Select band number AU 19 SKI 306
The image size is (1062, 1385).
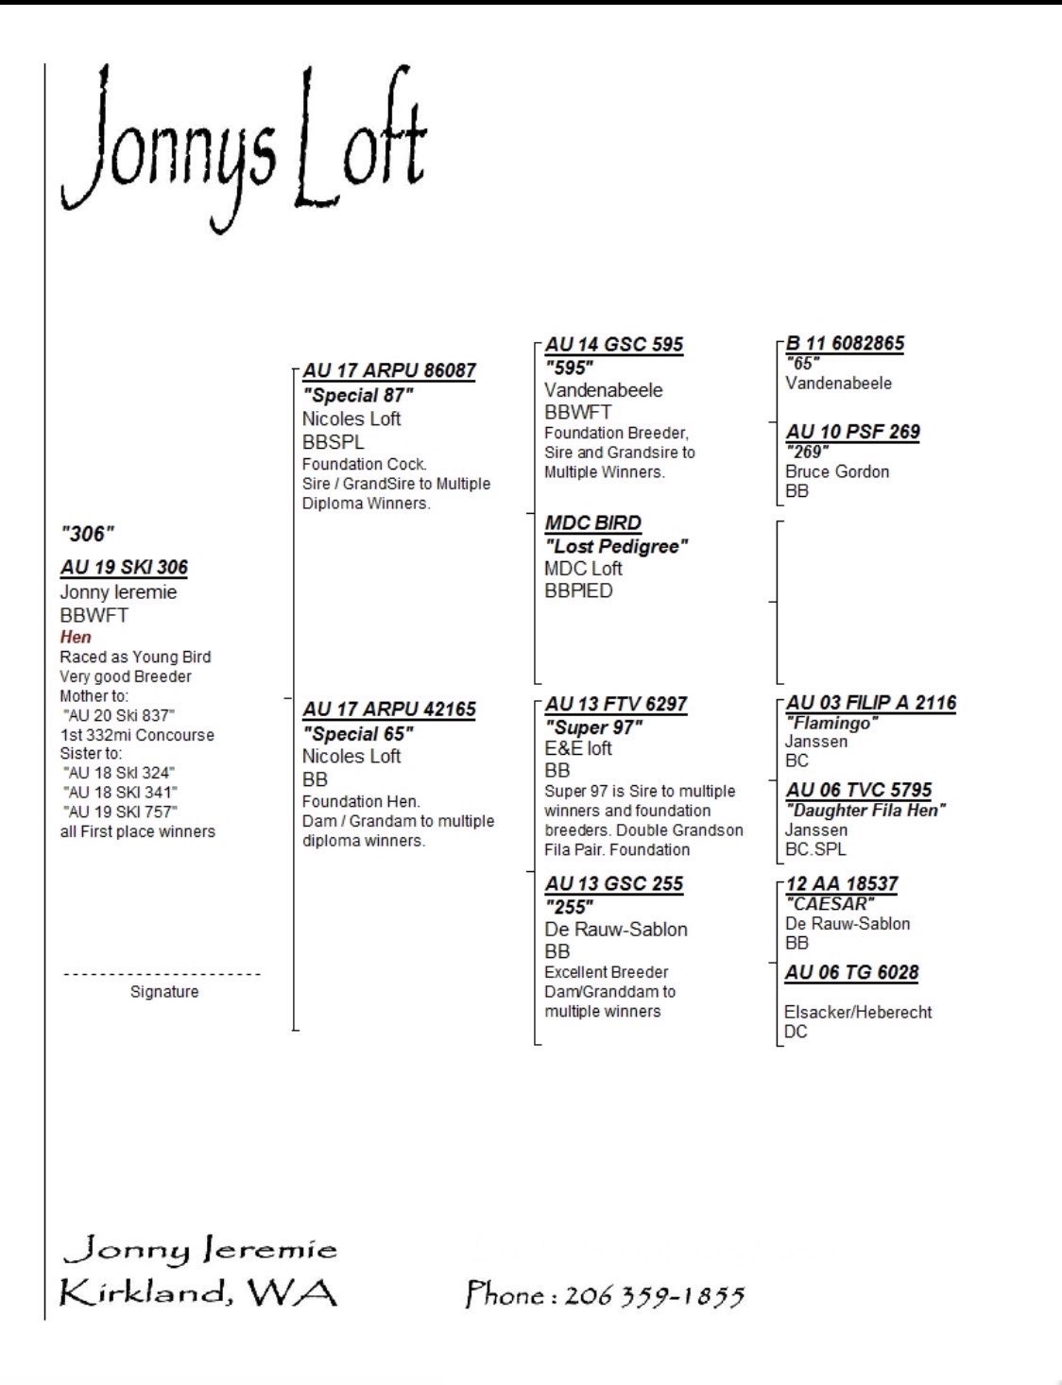click(x=124, y=567)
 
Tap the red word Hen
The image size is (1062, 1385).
click(x=76, y=637)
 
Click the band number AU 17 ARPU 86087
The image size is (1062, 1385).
click(x=389, y=370)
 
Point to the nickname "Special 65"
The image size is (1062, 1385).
click(x=358, y=733)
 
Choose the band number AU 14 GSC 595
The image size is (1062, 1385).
click(x=614, y=344)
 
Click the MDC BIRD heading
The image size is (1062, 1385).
click(x=592, y=522)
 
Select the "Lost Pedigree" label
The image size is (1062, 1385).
click(x=616, y=546)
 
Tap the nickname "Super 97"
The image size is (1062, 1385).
click(x=593, y=727)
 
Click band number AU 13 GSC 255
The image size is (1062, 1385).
click(x=614, y=883)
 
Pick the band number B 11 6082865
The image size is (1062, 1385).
click(x=845, y=343)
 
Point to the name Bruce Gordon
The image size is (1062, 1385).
click(x=837, y=471)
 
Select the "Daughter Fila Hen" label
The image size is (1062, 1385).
click(x=865, y=810)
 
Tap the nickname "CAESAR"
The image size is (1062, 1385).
click(x=830, y=904)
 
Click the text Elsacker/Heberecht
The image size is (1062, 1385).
click(x=858, y=1012)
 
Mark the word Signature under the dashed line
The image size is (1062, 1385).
click(x=164, y=991)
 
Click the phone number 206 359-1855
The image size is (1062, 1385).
click(x=655, y=1295)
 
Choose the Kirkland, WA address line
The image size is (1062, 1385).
click(x=198, y=1292)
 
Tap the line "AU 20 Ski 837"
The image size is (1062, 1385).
click(x=119, y=715)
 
